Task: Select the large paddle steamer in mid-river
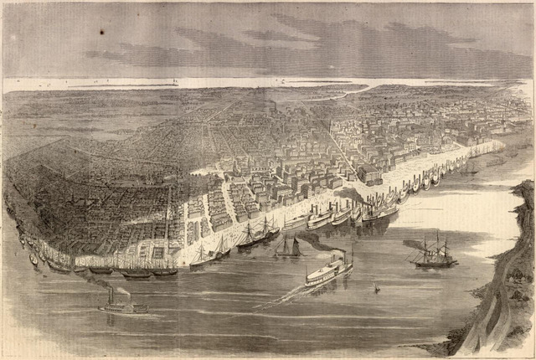(327, 271)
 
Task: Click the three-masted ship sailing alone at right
(434, 253)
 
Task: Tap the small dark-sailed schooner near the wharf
(289, 247)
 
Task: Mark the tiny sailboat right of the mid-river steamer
(376, 289)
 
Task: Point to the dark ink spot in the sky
(101, 33)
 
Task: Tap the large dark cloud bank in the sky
(335, 46)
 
